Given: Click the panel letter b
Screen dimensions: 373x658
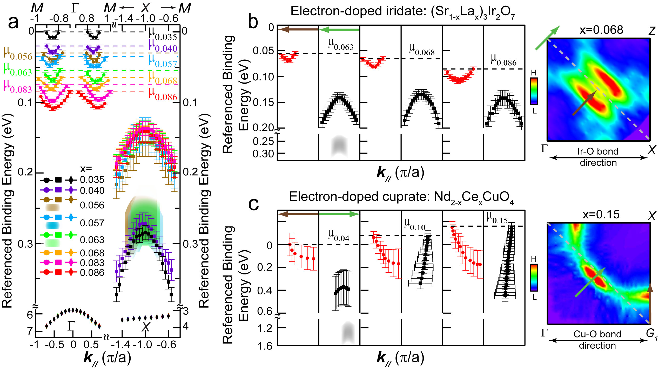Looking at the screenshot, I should coord(253,22).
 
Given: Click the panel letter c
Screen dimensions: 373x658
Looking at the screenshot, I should coord(253,204).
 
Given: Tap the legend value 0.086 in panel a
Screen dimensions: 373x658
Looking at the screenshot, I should coord(92,273).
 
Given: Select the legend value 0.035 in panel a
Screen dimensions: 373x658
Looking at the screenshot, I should coord(92,179).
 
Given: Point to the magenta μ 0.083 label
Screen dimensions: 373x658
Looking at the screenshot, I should coord(18,87).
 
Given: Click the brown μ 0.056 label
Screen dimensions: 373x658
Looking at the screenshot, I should coord(18,53).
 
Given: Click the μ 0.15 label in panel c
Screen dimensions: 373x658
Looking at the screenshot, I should coord(497,218).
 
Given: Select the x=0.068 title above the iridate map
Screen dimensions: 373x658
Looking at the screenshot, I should coord(601,30).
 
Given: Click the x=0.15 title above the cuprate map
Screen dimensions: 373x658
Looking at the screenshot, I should coord(601,215).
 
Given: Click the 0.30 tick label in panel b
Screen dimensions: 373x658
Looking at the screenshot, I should coord(263,154).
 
